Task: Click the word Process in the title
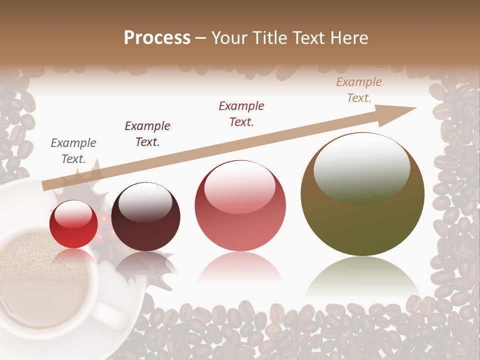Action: click(157, 38)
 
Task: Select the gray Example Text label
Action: click(73, 151)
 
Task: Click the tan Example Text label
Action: click(359, 90)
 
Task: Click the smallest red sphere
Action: click(73, 224)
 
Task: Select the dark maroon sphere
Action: click(145, 216)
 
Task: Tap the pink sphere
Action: click(240, 206)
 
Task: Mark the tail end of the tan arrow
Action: click(45, 186)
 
